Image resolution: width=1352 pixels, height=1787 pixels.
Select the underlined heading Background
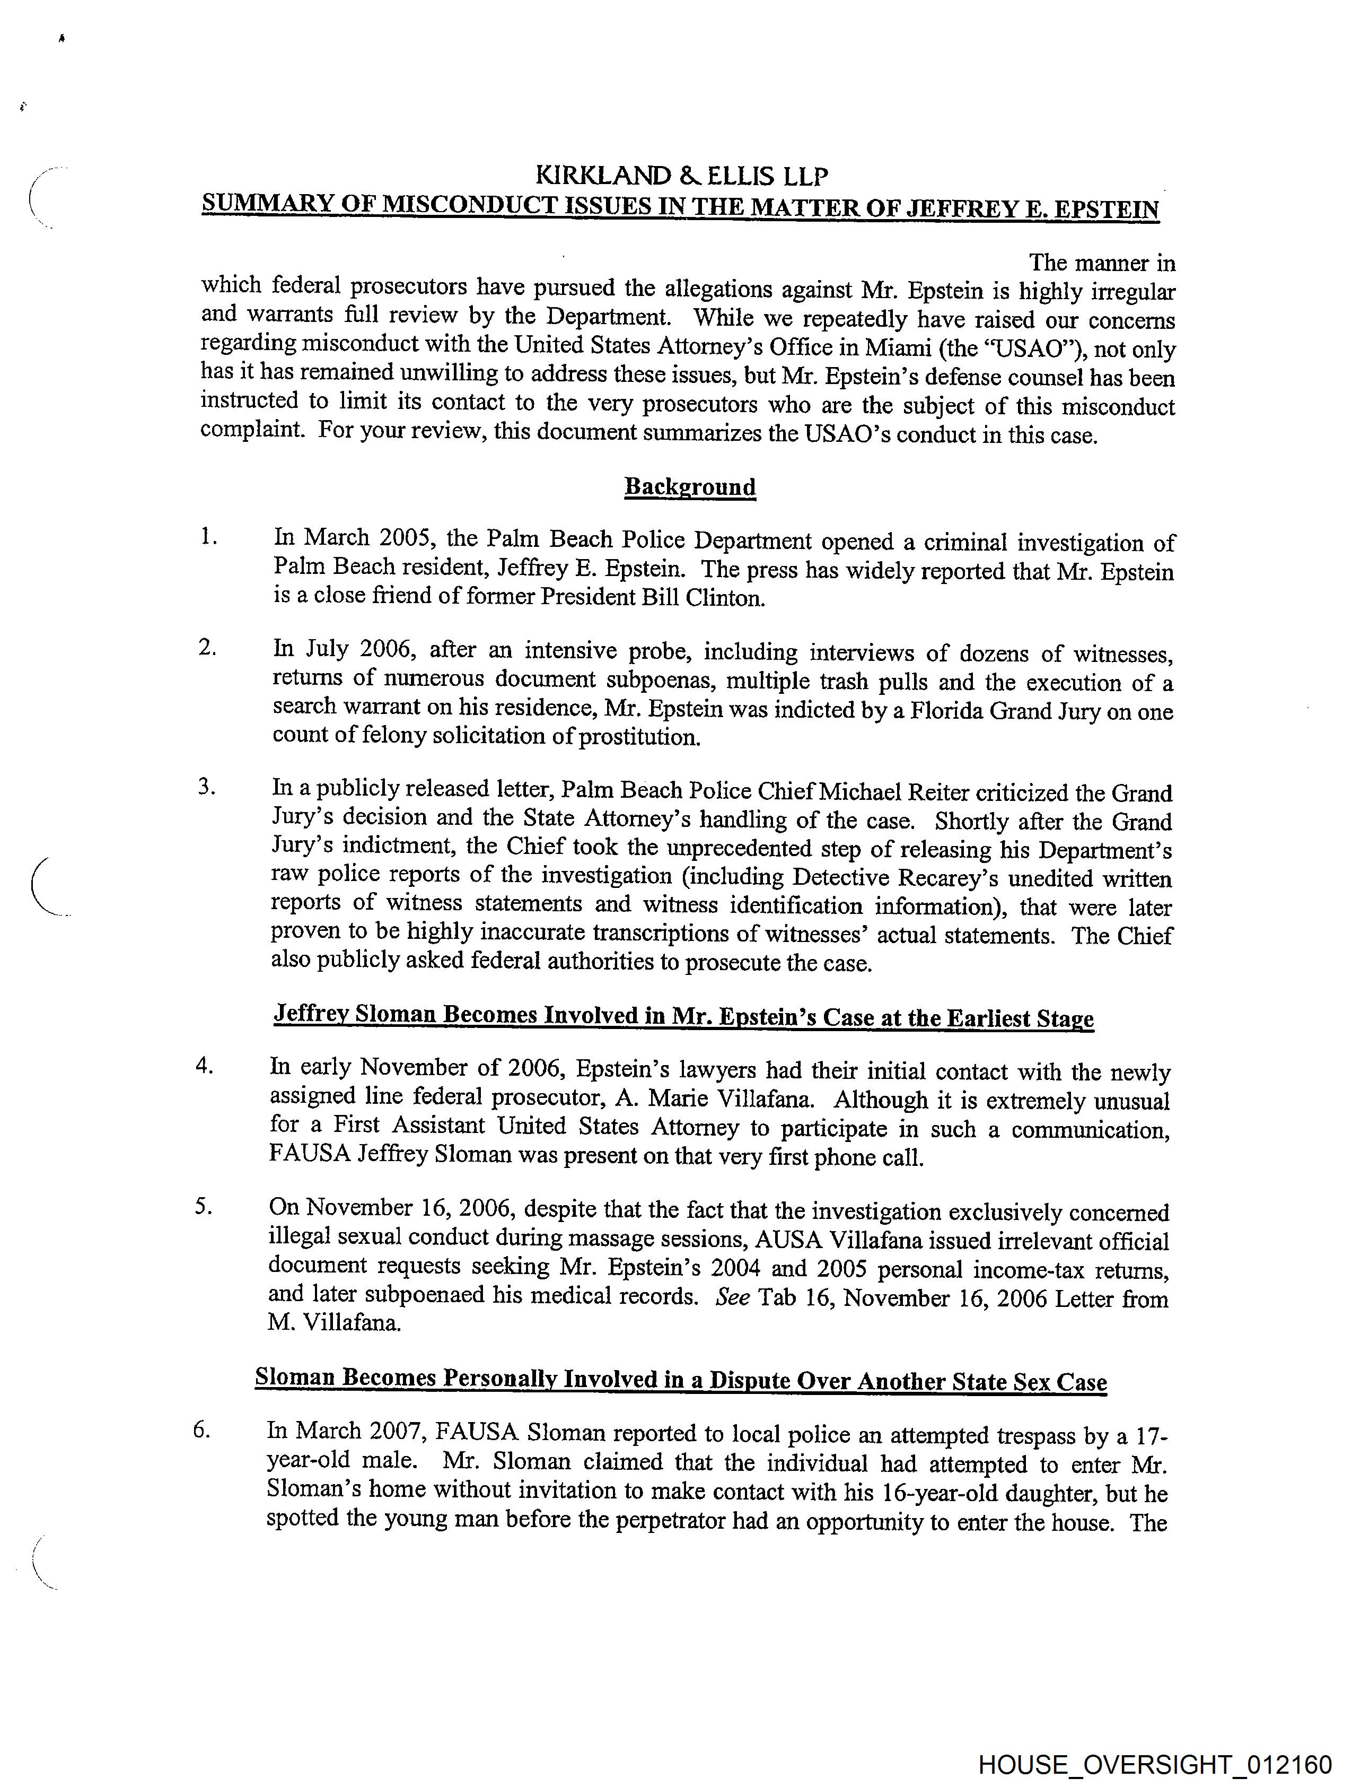click(x=690, y=486)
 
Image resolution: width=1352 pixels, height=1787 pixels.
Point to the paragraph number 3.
click(x=207, y=786)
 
